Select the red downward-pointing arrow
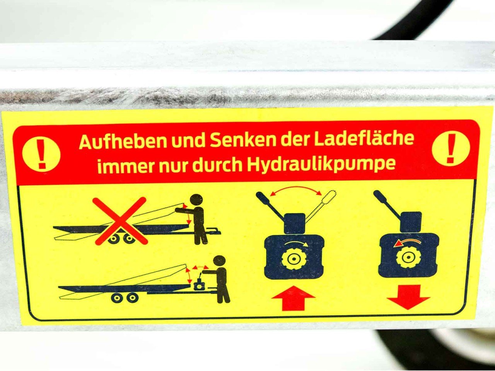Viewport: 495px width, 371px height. pos(408,297)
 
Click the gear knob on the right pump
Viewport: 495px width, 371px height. pos(408,258)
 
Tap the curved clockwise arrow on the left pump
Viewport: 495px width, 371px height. pos(296,243)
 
